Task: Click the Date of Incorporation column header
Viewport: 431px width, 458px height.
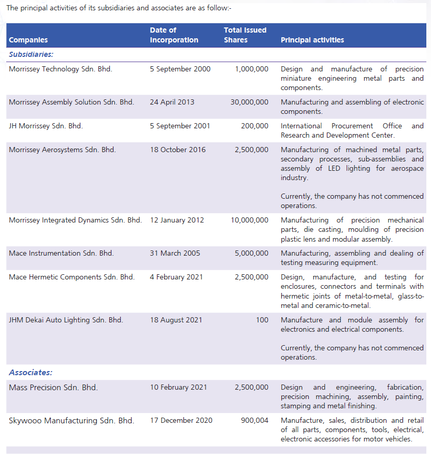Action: (174, 35)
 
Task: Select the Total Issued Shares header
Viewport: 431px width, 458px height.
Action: (245, 35)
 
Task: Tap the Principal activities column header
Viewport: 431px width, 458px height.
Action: (312, 40)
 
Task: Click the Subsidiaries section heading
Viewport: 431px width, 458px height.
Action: (31, 54)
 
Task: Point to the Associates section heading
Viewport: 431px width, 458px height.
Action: (31, 373)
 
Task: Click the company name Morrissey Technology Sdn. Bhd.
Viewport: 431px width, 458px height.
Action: (60, 69)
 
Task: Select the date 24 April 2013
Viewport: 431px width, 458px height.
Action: (172, 102)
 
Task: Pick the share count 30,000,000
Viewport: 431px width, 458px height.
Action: (249, 102)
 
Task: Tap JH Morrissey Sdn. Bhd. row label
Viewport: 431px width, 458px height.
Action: (46, 126)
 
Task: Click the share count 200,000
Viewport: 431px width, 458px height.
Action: (255, 126)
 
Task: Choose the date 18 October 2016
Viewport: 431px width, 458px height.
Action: (178, 150)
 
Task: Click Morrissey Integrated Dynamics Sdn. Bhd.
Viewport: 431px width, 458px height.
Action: (75, 220)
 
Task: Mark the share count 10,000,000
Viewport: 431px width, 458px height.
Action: (249, 220)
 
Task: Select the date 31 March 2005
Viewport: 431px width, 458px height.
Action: (175, 253)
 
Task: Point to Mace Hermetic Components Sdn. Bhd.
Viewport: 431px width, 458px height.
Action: (71, 277)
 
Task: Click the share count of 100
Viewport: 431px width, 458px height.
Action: (262, 320)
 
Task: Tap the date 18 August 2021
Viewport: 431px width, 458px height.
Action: (176, 320)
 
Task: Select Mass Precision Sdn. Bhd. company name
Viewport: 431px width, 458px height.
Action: (53, 387)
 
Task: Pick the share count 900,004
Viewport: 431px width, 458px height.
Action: (255, 420)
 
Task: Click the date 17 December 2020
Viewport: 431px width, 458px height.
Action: (181, 420)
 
